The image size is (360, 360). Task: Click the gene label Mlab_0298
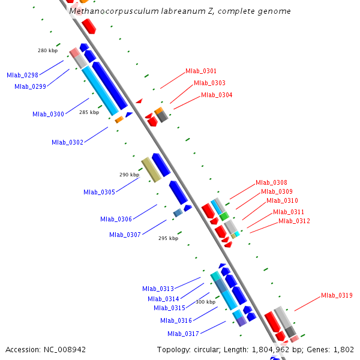click(22, 75)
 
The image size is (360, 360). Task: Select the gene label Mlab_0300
click(48, 114)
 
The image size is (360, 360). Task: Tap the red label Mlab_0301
click(201, 71)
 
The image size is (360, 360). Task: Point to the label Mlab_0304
click(217, 95)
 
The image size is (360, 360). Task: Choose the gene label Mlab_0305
click(99, 192)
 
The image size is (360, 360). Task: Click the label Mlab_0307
click(125, 235)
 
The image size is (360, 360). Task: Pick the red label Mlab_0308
click(271, 182)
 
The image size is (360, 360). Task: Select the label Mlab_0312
click(294, 221)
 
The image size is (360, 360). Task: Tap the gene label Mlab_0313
click(158, 289)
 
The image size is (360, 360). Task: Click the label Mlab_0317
click(183, 334)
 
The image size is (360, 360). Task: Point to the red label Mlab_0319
click(337, 295)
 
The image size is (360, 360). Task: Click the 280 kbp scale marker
click(47, 50)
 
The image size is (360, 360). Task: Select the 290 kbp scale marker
click(129, 175)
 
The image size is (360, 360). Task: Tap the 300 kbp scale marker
click(205, 302)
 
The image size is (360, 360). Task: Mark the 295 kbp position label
click(168, 238)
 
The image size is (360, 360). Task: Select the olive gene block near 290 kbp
click(151, 169)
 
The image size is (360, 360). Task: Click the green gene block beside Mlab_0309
click(224, 215)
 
